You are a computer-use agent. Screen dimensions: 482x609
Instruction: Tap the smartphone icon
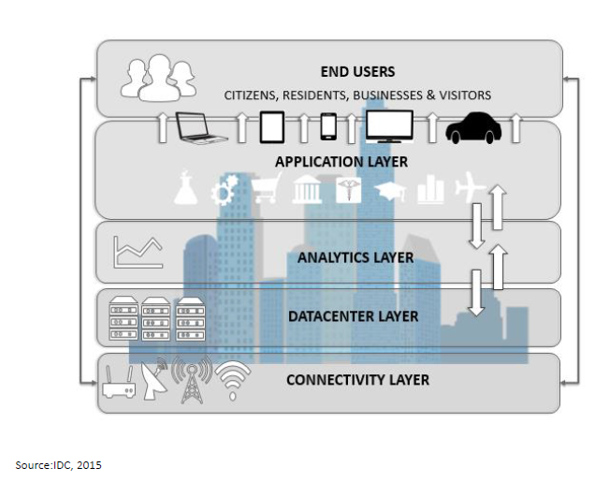[x=328, y=125]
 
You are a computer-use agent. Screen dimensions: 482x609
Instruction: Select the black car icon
[x=473, y=128]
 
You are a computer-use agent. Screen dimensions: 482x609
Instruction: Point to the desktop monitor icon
[x=389, y=126]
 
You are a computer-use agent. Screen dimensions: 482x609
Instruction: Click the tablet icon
[x=272, y=126]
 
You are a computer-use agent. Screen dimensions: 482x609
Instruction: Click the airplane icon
[x=467, y=190]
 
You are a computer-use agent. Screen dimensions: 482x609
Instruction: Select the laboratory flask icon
[x=188, y=191]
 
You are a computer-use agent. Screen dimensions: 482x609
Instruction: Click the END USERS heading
[x=357, y=72]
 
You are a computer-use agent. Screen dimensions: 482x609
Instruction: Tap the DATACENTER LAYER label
[x=353, y=315]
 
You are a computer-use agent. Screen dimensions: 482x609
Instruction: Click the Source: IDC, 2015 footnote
[x=58, y=465]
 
